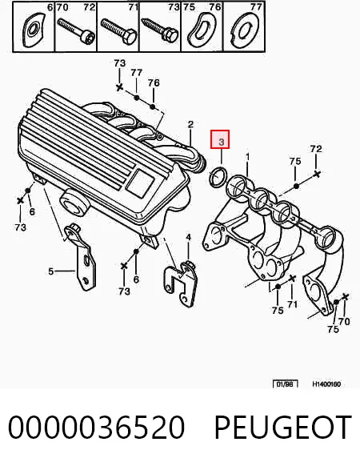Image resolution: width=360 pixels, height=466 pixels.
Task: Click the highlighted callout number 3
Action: coord(221,142)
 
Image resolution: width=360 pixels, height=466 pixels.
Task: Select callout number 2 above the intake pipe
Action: coord(190,125)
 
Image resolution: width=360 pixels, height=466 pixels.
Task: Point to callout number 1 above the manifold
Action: coord(247,157)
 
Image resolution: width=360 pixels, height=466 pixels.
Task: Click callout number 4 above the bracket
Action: coord(188,238)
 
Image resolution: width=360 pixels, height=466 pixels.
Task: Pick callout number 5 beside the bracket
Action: coord(51,271)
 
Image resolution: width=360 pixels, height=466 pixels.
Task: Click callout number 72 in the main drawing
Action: coord(315,149)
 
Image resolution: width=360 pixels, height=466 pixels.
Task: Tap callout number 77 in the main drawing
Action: coord(136,73)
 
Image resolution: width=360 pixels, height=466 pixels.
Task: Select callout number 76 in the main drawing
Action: coord(154,83)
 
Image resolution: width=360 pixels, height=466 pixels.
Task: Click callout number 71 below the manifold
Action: coord(292,304)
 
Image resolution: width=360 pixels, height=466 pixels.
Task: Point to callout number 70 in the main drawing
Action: coord(344,321)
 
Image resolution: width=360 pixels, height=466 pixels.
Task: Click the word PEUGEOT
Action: coord(283,427)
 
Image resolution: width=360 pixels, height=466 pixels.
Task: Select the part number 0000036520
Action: coord(96,427)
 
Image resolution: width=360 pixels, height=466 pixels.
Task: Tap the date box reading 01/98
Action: coord(285,384)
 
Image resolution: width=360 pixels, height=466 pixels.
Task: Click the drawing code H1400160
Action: coord(326,384)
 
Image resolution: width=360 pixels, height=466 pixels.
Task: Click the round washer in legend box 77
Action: coord(244,30)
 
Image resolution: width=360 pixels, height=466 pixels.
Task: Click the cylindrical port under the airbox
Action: coord(74,203)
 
